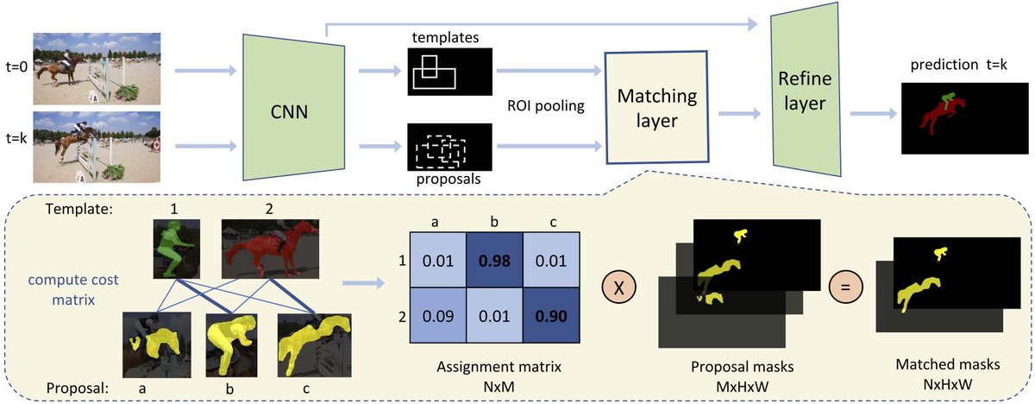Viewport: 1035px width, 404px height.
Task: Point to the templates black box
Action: tap(448, 72)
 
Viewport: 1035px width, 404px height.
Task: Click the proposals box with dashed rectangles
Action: tap(448, 149)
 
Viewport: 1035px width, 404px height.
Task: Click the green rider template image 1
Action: tap(177, 248)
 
